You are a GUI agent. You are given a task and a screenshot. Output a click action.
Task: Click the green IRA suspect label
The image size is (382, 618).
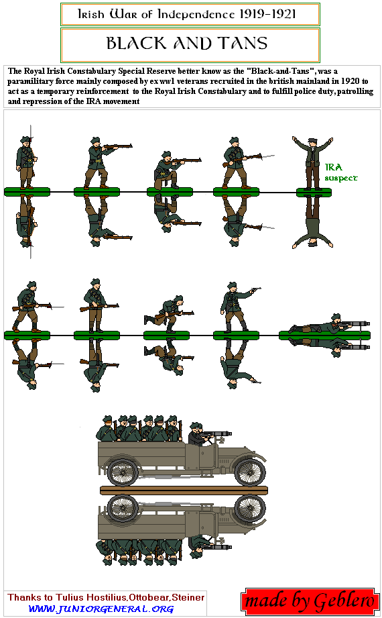click(340, 172)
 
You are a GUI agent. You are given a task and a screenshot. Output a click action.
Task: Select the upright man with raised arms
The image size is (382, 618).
click(313, 162)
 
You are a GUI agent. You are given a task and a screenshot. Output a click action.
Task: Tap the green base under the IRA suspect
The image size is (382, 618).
click(314, 192)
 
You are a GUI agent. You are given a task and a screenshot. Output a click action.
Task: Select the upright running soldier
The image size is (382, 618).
click(169, 314)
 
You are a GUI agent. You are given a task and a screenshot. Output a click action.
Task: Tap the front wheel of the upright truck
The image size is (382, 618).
click(250, 470)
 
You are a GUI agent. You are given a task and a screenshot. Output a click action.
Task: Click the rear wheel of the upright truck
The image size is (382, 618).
click(123, 471)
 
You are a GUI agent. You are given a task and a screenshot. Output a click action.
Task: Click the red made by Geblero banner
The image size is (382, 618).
click(309, 601)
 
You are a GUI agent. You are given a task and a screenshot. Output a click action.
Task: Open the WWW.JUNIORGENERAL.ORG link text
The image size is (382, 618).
click(101, 609)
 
